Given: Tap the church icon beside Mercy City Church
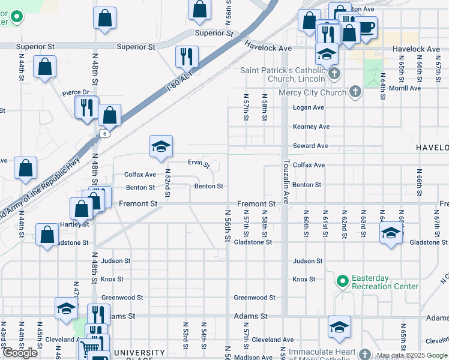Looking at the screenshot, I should pyautogui.click(x=355, y=92).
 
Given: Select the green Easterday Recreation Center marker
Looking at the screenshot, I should pyautogui.click(x=342, y=281).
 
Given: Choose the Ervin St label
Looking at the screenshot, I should pyautogui.click(x=198, y=163).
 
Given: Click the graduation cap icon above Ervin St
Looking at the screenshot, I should pyautogui.click(x=160, y=147).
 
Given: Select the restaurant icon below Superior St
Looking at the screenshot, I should pyautogui.click(x=187, y=56).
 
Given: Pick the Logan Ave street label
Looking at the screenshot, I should pyautogui.click(x=308, y=107).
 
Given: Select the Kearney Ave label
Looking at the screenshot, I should pyautogui.click(x=311, y=127).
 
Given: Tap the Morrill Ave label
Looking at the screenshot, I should pyautogui.click(x=406, y=88).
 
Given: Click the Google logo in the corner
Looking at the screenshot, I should pyautogui.click(x=20, y=353).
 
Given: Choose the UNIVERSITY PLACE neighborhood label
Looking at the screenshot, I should pyautogui.click(x=139, y=354).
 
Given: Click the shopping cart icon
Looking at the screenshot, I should pyautogui.click(x=89, y=347).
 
